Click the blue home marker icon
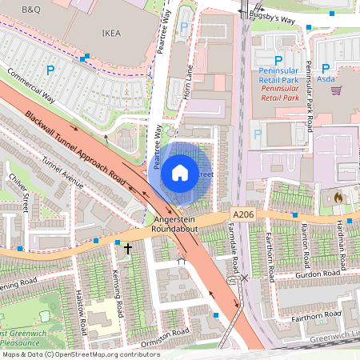pyautogui.click(x=180, y=172)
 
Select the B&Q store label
pyautogui.click(x=31, y=9)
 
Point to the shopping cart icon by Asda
pyautogui.click(x=336, y=90)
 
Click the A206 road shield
pyautogui.click(x=245, y=214)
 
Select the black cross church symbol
pyautogui.click(x=127, y=250)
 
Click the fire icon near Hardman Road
pyautogui.click(x=338, y=196)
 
